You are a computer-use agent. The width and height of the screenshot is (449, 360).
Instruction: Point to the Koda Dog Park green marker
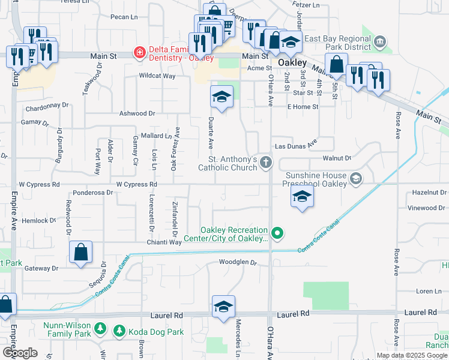[119, 331]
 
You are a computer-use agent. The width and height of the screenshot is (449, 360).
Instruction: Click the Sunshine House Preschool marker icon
[356, 178]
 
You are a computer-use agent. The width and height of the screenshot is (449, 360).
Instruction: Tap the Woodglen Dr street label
[238, 262]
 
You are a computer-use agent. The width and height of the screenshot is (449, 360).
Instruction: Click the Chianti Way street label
[164, 242]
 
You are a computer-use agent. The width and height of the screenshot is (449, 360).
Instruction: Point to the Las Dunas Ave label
[295, 146]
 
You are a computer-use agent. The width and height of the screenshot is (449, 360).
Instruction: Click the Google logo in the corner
[20, 353]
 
